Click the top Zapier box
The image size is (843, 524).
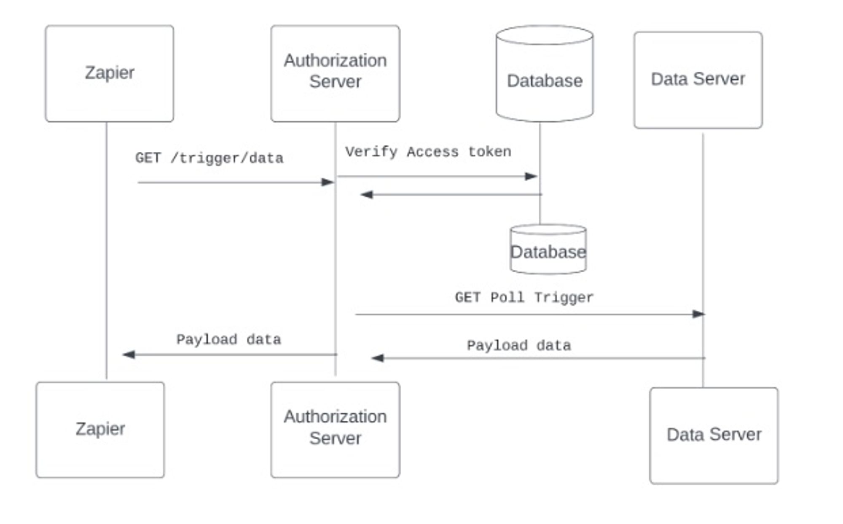[109, 73]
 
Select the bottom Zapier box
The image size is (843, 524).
[100, 430]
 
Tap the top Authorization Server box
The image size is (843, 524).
[335, 73]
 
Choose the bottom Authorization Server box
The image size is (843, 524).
[335, 430]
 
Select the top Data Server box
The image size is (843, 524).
[698, 80]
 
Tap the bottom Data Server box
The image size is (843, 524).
[714, 435]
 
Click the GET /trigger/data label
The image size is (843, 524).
[209, 158]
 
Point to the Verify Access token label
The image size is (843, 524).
[428, 152]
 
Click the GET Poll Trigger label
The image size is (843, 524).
[524, 298]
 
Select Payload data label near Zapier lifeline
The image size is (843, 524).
[228, 340]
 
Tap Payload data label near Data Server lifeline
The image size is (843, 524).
[519, 346]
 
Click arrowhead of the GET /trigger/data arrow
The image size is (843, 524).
[328, 182]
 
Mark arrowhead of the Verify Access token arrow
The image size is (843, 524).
[531, 176]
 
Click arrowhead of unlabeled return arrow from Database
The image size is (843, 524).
[367, 194]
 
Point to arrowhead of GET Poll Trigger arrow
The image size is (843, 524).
[698, 314]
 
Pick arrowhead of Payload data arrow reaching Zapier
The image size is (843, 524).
[129, 355]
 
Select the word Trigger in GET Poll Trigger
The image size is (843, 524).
[564, 298]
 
